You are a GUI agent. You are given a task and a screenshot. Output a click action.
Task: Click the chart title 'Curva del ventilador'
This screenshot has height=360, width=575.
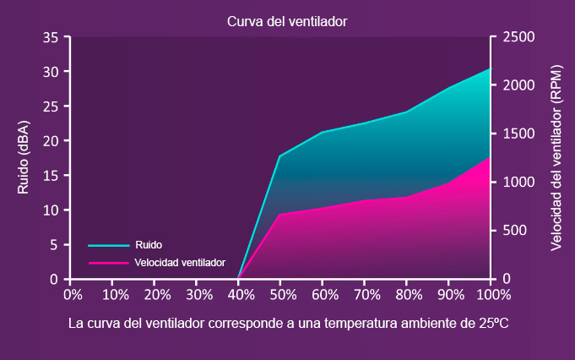pos(287,20)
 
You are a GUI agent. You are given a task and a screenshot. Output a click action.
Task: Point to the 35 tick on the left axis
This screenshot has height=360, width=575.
pos(50,37)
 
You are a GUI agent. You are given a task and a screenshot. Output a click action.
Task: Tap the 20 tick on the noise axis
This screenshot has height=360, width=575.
pos(50,141)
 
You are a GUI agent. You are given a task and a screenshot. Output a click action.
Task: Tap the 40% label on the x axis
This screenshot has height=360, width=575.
pos(241,295)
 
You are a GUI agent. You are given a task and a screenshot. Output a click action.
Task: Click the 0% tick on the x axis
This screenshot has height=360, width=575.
pos(73,295)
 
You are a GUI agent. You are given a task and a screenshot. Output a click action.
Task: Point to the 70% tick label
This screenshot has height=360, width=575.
pos(366,295)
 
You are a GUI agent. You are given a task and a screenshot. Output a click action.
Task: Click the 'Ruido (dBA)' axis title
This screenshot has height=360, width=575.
pos(24,158)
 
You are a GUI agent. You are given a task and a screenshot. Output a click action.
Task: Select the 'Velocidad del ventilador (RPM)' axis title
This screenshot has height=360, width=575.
pos(556,158)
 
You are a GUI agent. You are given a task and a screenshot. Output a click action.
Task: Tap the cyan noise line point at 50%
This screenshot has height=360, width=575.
pos(279,155)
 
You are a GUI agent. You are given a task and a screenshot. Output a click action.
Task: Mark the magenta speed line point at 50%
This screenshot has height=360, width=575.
pos(279,214)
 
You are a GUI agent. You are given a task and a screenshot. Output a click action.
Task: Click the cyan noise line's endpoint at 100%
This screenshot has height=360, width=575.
pos(491,68)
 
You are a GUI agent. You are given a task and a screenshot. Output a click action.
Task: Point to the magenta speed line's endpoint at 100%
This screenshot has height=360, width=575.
pos(491,157)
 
